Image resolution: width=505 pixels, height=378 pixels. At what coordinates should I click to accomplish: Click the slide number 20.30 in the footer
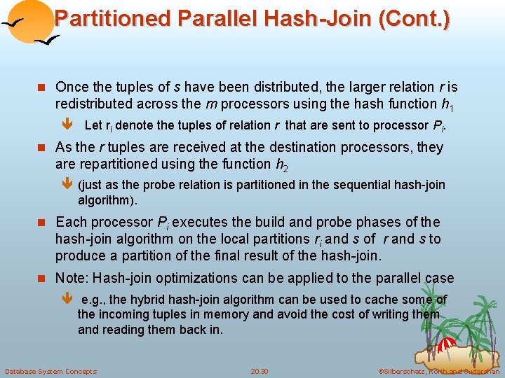pyautogui.click(x=260, y=371)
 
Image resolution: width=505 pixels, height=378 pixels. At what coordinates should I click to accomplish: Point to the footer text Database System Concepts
pyautogui.click(x=50, y=371)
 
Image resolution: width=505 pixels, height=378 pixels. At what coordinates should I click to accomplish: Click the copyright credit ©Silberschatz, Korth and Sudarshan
pyautogui.click(x=438, y=371)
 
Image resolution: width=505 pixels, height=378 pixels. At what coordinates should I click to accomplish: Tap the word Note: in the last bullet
pyautogui.click(x=72, y=277)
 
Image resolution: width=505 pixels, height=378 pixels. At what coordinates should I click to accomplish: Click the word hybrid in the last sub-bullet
pyautogui.click(x=147, y=300)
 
